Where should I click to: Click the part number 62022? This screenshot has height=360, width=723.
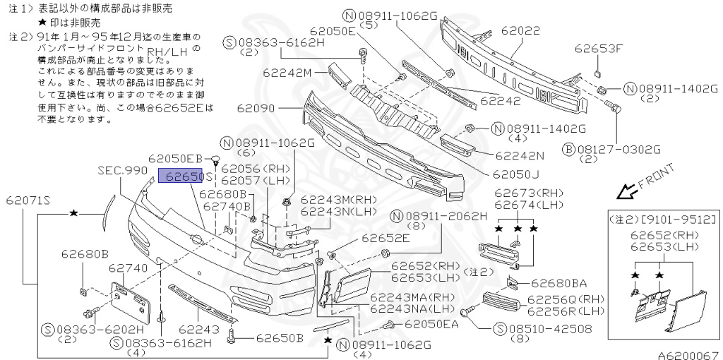(x=521, y=31)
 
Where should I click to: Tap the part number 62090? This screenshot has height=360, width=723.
(x=255, y=109)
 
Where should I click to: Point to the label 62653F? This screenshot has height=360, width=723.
(x=599, y=49)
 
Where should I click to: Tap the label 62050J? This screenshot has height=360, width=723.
(x=515, y=174)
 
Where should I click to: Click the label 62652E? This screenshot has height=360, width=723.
(x=386, y=239)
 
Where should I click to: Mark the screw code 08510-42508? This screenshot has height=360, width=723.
(x=540, y=328)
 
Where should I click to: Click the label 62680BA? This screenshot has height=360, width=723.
(x=558, y=283)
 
